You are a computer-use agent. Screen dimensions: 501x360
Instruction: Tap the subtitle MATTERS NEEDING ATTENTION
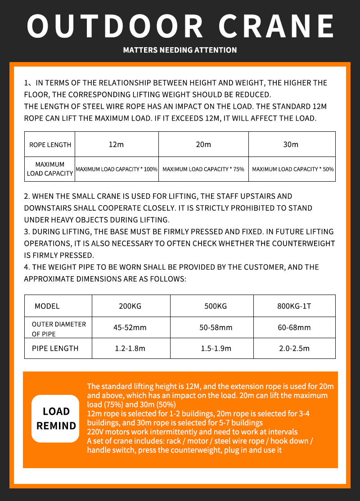pyautogui.click(x=180, y=50)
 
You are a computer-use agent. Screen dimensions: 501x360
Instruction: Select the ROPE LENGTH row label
pyautogui.click(x=50, y=145)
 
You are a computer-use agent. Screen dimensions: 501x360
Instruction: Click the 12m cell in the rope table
pyautogui.click(x=116, y=144)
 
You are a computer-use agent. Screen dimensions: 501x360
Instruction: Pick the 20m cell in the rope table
pyautogui.click(x=203, y=144)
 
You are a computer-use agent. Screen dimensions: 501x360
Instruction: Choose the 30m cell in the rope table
pyautogui.click(x=291, y=144)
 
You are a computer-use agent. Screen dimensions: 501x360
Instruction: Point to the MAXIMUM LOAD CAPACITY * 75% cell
pyautogui.click(x=203, y=169)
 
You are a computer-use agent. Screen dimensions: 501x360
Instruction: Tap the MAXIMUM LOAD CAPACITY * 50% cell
pyautogui.click(x=292, y=169)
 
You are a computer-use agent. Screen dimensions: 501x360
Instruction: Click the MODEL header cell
pyautogui.click(x=47, y=306)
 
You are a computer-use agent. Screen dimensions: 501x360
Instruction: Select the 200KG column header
pyautogui.click(x=130, y=306)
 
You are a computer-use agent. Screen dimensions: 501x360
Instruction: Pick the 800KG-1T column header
pyautogui.click(x=294, y=306)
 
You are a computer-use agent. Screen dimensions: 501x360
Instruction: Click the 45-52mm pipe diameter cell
pyautogui.click(x=130, y=327)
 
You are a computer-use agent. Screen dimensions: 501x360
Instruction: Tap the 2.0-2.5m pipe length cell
pyautogui.click(x=294, y=348)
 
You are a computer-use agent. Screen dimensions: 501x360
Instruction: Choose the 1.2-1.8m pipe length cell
pyautogui.click(x=130, y=348)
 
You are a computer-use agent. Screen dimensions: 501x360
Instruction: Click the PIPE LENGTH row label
pyautogui.click(x=55, y=348)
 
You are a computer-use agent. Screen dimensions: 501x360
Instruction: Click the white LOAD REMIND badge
pyautogui.click(x=56, y=418)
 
